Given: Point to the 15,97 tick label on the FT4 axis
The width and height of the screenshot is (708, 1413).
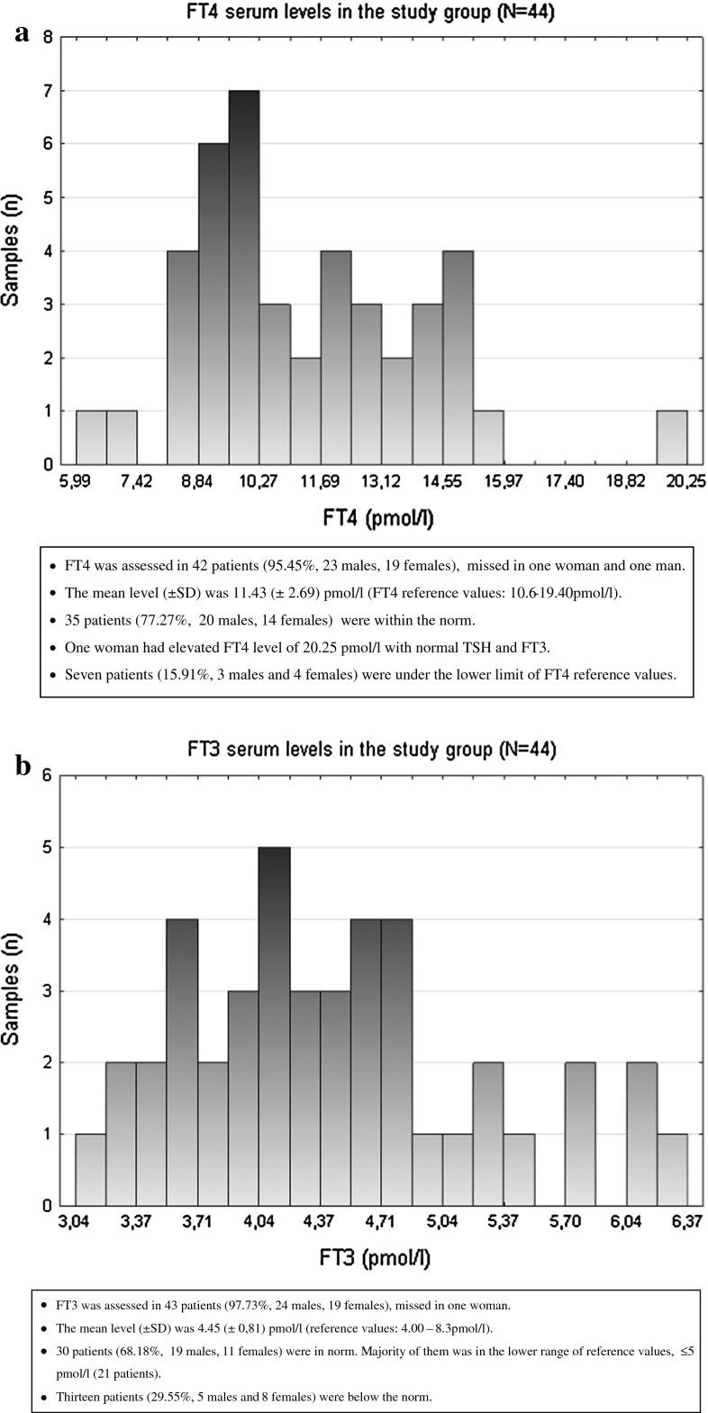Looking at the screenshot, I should tap(504, 482).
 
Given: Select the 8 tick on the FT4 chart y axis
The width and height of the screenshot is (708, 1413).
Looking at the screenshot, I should tap(48, 38).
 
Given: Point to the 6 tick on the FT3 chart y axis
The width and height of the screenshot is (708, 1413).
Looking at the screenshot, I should tap(48, 777).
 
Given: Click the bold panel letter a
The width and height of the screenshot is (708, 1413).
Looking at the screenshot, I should tap(22, 32).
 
